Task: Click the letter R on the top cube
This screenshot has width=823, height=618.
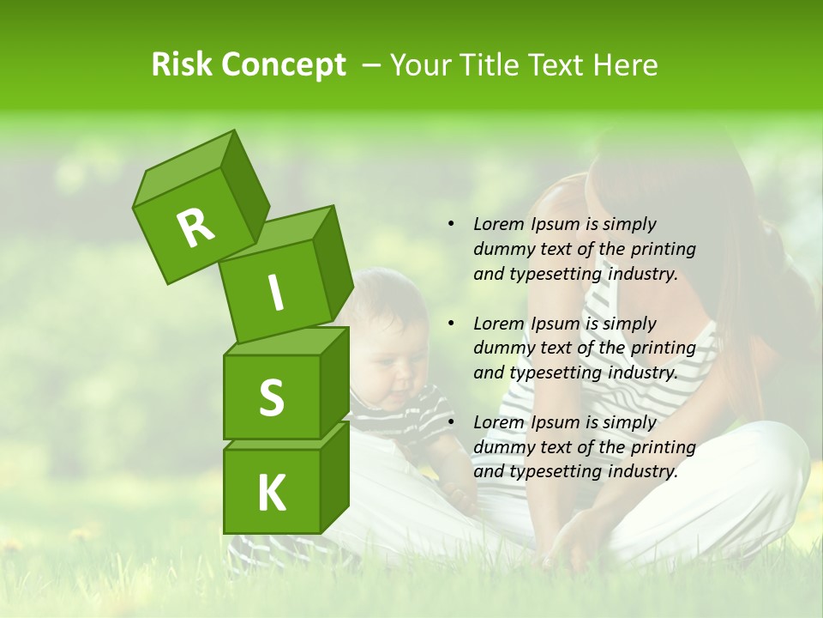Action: (x=196, y=228)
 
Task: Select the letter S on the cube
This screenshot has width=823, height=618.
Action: (x=271, y=397)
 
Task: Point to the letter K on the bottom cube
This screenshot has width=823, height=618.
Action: (x=271, y=494)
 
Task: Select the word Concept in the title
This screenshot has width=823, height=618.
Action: (x=283, y=65)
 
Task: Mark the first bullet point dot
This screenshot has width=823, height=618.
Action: (x=451, y=224)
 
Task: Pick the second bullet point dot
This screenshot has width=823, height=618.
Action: (x=451, y=324)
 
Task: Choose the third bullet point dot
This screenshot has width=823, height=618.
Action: (x=451, y=422)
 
